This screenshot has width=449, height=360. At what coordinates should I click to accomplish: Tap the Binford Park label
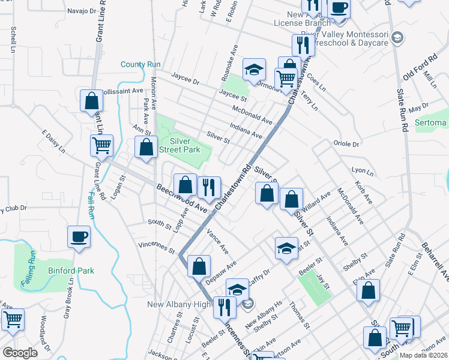pos(74,271)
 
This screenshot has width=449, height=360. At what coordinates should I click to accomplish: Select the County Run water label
pos(140,64)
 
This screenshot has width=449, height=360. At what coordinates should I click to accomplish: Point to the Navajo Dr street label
pos(82,11)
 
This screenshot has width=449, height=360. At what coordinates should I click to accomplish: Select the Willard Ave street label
pos(317,200)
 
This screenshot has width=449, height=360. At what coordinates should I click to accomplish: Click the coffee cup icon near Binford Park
pos(79,236)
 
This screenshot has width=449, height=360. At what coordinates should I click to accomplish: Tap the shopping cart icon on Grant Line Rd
pos(101,145)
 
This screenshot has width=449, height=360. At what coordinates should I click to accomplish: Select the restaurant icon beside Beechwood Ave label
pos(209,187)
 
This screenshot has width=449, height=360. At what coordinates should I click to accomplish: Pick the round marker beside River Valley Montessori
pos(396,38)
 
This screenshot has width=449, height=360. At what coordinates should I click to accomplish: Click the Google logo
pos(20,353)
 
